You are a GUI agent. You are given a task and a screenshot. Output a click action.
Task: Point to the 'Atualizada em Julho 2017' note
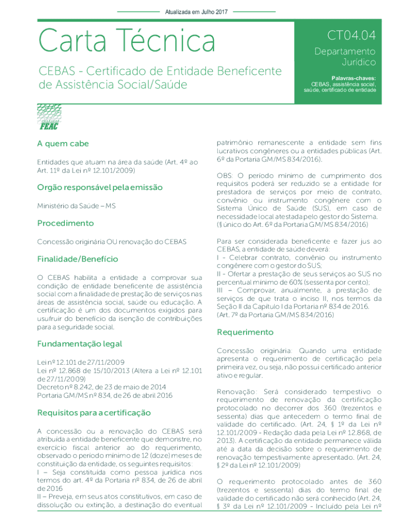point(196,11)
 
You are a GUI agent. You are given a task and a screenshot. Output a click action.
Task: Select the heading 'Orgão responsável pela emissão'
point(100,187)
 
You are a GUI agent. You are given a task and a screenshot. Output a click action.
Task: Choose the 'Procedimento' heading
point(65,223)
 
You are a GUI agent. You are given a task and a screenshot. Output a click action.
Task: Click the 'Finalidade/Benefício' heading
point(78,259)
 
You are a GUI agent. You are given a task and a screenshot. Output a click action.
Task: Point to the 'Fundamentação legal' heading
point(80,344)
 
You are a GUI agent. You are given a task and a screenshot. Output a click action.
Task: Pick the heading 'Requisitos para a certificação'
point(94,412)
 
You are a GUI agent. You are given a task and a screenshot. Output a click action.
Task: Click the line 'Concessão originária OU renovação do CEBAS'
point(112,241)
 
